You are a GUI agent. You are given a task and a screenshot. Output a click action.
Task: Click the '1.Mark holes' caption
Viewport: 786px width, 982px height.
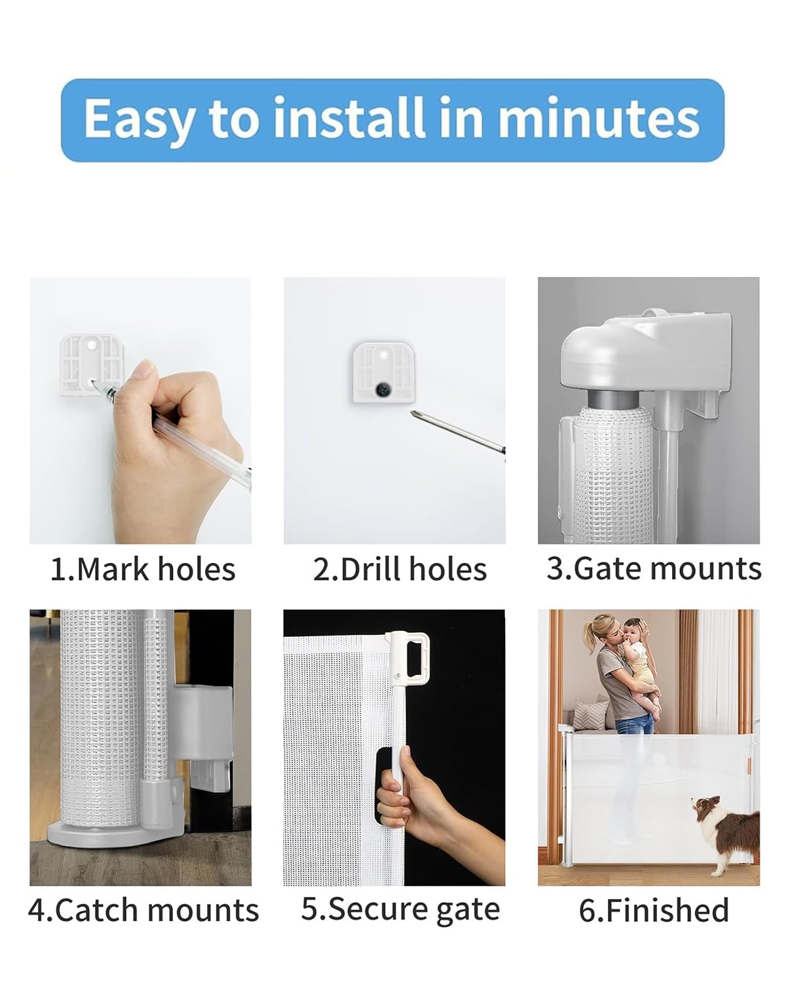coord(143,570)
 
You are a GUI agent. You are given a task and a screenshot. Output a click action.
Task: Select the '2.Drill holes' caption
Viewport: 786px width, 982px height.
coord(400,570)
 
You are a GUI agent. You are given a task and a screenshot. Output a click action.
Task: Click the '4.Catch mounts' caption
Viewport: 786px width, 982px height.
coord(143,910)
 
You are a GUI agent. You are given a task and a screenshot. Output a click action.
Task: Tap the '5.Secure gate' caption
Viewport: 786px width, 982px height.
coord(401,910)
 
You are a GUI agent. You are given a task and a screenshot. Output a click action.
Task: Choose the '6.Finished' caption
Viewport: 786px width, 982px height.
coord(654,910)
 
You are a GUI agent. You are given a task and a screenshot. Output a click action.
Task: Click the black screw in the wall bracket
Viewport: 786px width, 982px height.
coord(382,390)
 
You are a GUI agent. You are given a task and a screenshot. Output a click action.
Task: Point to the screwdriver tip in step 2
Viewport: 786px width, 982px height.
coord(413,413)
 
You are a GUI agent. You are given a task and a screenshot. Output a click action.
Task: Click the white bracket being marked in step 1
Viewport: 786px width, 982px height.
coord(92,365)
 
